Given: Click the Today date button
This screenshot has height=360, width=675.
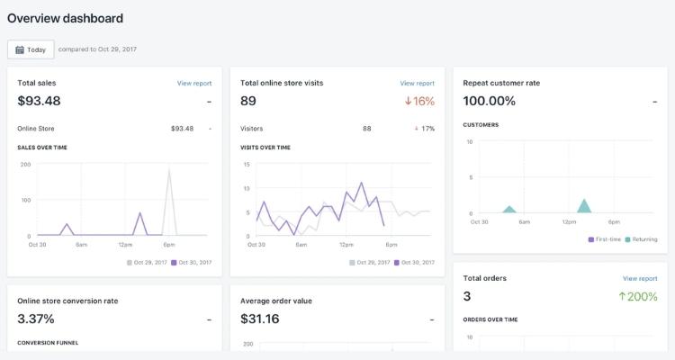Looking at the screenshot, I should point(31,49).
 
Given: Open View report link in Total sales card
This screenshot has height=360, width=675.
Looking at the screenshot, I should point(194,84).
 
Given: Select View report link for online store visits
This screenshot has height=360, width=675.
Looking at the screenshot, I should point(417,84).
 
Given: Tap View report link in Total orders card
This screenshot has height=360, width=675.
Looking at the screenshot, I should point(640,279).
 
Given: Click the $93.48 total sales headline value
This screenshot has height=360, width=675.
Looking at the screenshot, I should point(39,101).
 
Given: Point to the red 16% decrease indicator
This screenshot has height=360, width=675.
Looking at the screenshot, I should point(419,102).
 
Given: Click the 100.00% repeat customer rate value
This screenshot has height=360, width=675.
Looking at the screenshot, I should point(490,101).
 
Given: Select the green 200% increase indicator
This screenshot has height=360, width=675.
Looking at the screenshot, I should point(639,297).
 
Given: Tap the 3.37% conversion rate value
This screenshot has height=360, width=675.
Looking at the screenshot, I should point(36,319).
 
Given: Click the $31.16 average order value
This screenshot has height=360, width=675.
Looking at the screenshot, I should point(260,319).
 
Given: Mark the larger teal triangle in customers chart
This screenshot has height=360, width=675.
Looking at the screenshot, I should point(584,206).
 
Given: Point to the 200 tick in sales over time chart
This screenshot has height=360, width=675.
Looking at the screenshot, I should point(25,165).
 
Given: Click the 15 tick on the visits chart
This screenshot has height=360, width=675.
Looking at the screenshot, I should point(247,165).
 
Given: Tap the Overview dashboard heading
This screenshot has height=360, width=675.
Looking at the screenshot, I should point(65,18).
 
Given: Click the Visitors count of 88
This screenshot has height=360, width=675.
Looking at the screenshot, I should point(367,129).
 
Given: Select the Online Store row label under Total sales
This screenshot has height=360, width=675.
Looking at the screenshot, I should point(36,129).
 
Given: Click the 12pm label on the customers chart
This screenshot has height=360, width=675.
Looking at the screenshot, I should point(569,221).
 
